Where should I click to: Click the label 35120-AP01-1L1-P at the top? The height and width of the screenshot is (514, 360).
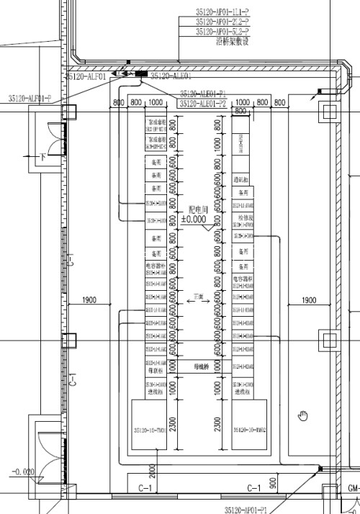pos(222,12)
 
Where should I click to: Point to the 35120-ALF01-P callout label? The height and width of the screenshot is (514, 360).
pos(30,97)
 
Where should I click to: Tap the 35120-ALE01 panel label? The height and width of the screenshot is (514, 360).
pos(171,75)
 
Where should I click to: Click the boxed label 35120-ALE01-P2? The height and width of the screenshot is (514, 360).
pos(203,104)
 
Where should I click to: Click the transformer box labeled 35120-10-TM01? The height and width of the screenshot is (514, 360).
pos(150,430)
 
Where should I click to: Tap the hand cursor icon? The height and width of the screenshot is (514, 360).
pos(303,415)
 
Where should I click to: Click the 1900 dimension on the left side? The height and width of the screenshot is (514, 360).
pos(89,299)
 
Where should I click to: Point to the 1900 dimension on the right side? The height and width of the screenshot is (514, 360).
pos(308,299)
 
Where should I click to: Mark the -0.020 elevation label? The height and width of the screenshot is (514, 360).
pos(22,472)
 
